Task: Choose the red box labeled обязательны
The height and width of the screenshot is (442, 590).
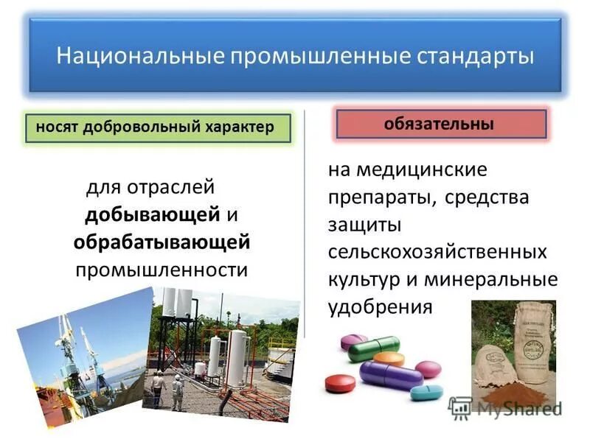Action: [440, 124]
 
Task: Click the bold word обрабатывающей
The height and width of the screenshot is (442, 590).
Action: [162, 242]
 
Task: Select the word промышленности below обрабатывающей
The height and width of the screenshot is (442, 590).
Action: [162, 269]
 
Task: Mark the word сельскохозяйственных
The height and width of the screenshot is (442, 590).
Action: [438, 252]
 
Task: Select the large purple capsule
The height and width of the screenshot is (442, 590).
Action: [390, 375]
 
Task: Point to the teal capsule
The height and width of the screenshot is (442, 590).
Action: [426, 392]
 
